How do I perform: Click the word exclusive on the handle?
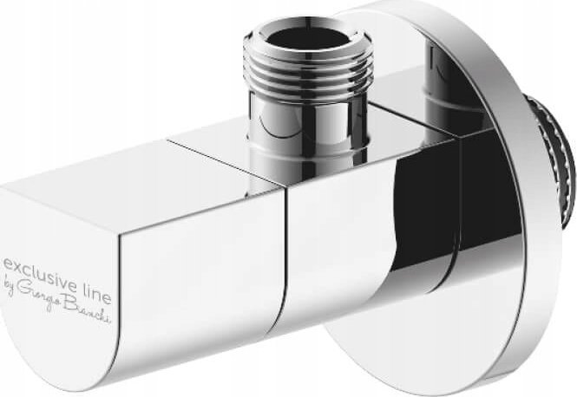(x=43, y=262)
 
